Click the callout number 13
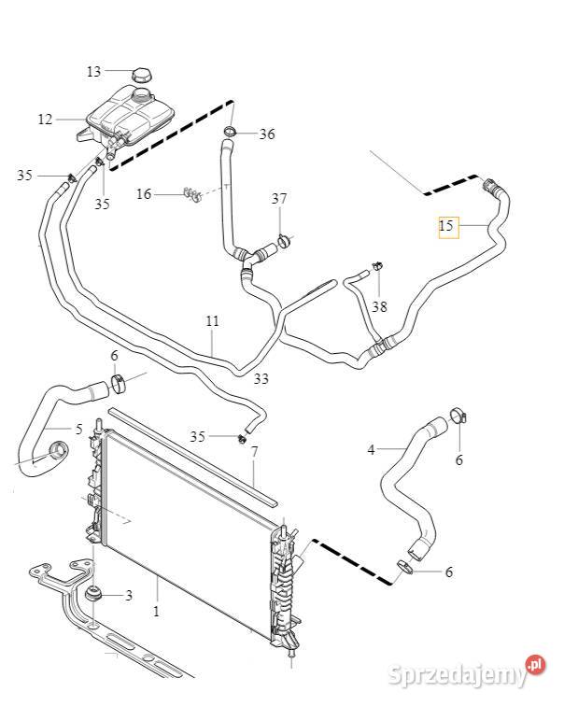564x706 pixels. tap(93, 72)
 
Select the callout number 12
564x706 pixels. tap(45, 119)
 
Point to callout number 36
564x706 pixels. tap(267, 134)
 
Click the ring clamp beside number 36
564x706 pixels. tap(232, 131)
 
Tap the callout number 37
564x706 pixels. tap(279, 199)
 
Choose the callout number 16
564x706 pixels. tap(144, 194)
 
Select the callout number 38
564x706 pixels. tap(378, 305)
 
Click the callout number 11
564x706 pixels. tap(212, 321)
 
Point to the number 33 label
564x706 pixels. tap(261, 378)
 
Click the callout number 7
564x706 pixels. tap(253, 452)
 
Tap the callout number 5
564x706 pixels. tap(78, 430)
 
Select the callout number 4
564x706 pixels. tap(371, 450)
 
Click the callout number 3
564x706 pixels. tap(129, 595)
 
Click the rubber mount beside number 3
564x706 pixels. tap(94, 595)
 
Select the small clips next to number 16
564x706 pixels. tap(192, 194)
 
